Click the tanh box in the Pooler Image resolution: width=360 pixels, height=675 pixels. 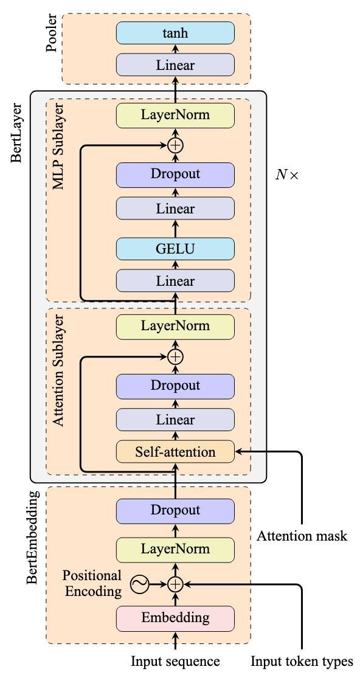175,33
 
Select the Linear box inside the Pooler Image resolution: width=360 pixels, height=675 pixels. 175,65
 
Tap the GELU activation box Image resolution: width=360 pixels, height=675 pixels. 175,249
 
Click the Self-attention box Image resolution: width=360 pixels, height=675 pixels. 175,452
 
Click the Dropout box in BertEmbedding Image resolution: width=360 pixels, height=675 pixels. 175,510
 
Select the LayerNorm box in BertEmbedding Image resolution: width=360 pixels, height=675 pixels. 175,549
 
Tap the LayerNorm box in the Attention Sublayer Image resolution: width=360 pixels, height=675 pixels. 175,325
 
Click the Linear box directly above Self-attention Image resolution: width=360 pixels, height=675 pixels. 175,420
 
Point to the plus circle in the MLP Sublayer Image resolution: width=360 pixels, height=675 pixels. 175,145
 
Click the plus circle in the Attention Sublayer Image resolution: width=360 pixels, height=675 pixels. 175,356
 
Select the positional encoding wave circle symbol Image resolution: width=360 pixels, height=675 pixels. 140,584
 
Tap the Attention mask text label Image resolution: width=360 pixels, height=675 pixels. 302,536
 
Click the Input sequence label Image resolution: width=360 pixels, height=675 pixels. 175,661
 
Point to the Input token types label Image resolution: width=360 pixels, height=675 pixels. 302,661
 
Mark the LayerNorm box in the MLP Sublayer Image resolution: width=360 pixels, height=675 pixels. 175,115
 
